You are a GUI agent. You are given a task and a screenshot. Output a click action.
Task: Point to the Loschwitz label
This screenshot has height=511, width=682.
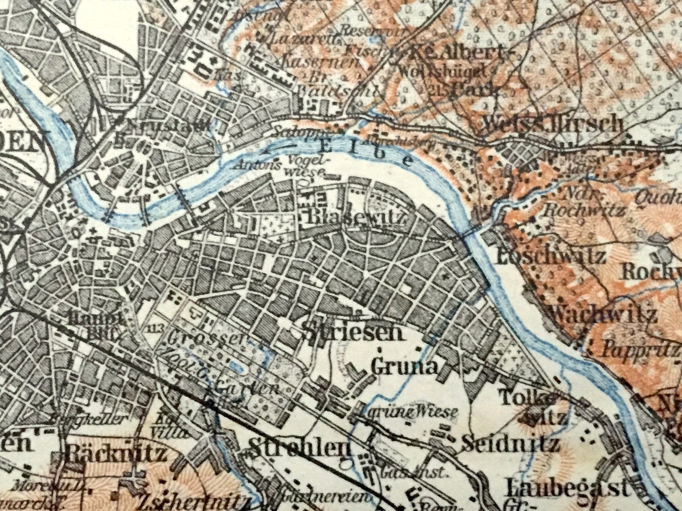551,256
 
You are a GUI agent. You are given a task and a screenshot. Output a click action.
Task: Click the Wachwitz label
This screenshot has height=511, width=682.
603,315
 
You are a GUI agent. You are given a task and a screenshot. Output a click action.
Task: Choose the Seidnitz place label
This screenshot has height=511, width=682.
510,444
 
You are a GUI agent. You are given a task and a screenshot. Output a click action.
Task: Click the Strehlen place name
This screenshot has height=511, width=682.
299,448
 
